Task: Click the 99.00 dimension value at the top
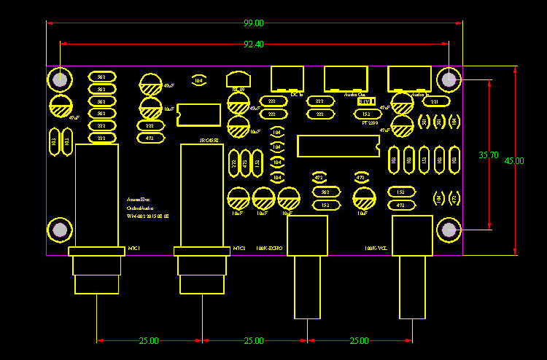pos(254,24)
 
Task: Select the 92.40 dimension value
pos(254,44)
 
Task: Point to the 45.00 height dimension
pos(514,161)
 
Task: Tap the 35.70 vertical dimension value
pos(488,155)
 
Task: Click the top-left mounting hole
pos(60,79)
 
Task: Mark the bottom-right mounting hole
pos(449,230)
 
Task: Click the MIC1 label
pos(134,249)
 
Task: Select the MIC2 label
pos(238,249)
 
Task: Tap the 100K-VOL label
pos(376,249)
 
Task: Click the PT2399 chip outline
pos(338,146)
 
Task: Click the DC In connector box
pos(287,79)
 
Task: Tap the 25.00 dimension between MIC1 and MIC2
pos(149,340)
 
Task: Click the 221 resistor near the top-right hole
pos(435,101)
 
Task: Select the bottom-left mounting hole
pos(60,230)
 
